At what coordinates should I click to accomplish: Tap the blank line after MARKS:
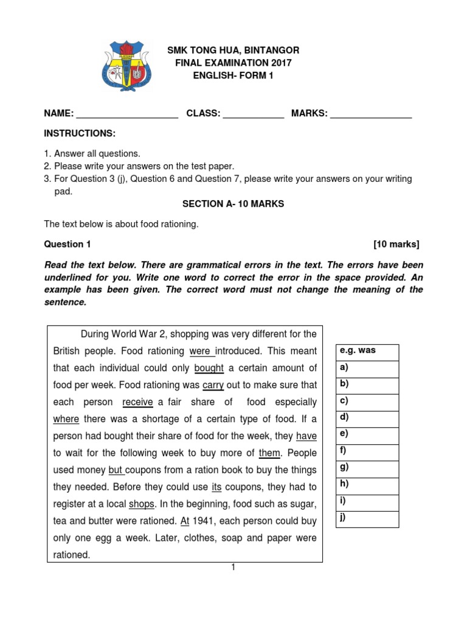click(x=371, y=114)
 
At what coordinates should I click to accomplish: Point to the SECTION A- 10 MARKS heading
click(x=233, y=204)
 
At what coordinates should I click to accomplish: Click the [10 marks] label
click(x=396, y=244)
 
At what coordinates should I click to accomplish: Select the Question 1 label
click(x=67, y=244)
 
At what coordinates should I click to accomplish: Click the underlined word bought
click(x=209, y=368)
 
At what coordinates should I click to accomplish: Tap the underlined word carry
click(x=213, y=385)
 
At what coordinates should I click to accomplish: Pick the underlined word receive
click(x=137, y=402)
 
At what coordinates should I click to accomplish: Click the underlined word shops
click(x=142, y=504)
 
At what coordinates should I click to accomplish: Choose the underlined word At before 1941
click(x=186, y=521)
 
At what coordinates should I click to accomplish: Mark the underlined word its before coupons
click(x=216, y=487)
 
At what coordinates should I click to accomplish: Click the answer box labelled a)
click(x=367, y=369)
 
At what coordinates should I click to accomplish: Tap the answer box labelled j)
click(x=367, y=519)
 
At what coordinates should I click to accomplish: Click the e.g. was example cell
click(x=367, y=352)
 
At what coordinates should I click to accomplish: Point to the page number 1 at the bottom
click(x=232, y=568)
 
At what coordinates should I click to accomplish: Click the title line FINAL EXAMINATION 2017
click(x=233, y=63)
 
